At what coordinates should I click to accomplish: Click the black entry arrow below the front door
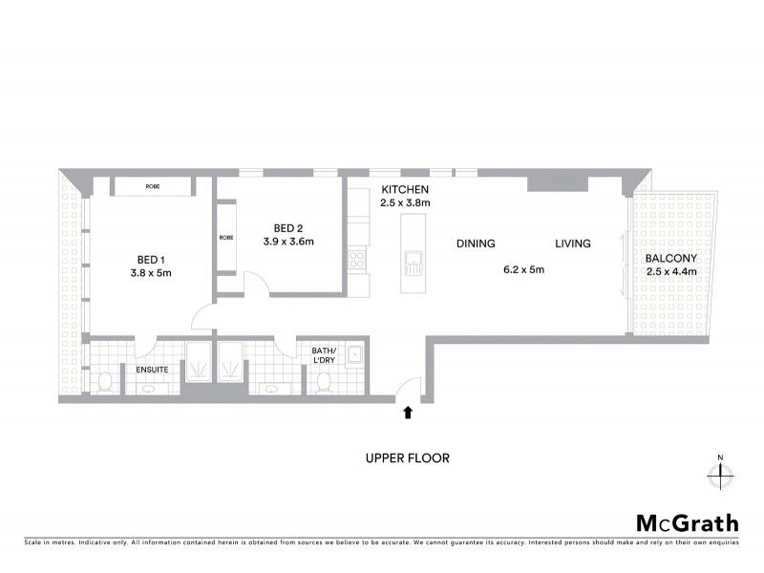409,413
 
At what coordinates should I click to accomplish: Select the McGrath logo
688,522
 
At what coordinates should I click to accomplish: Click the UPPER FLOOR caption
407,457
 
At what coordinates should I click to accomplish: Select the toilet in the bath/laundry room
323,382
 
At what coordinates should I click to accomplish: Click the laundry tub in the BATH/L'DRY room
354,355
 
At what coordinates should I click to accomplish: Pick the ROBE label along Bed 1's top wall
153,187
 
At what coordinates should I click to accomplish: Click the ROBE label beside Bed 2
226,238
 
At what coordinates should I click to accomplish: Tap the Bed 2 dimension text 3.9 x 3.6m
288,242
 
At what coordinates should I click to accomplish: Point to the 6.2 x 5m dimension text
523,269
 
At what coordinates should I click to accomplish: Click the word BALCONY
670,258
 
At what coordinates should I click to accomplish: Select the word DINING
476,244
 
